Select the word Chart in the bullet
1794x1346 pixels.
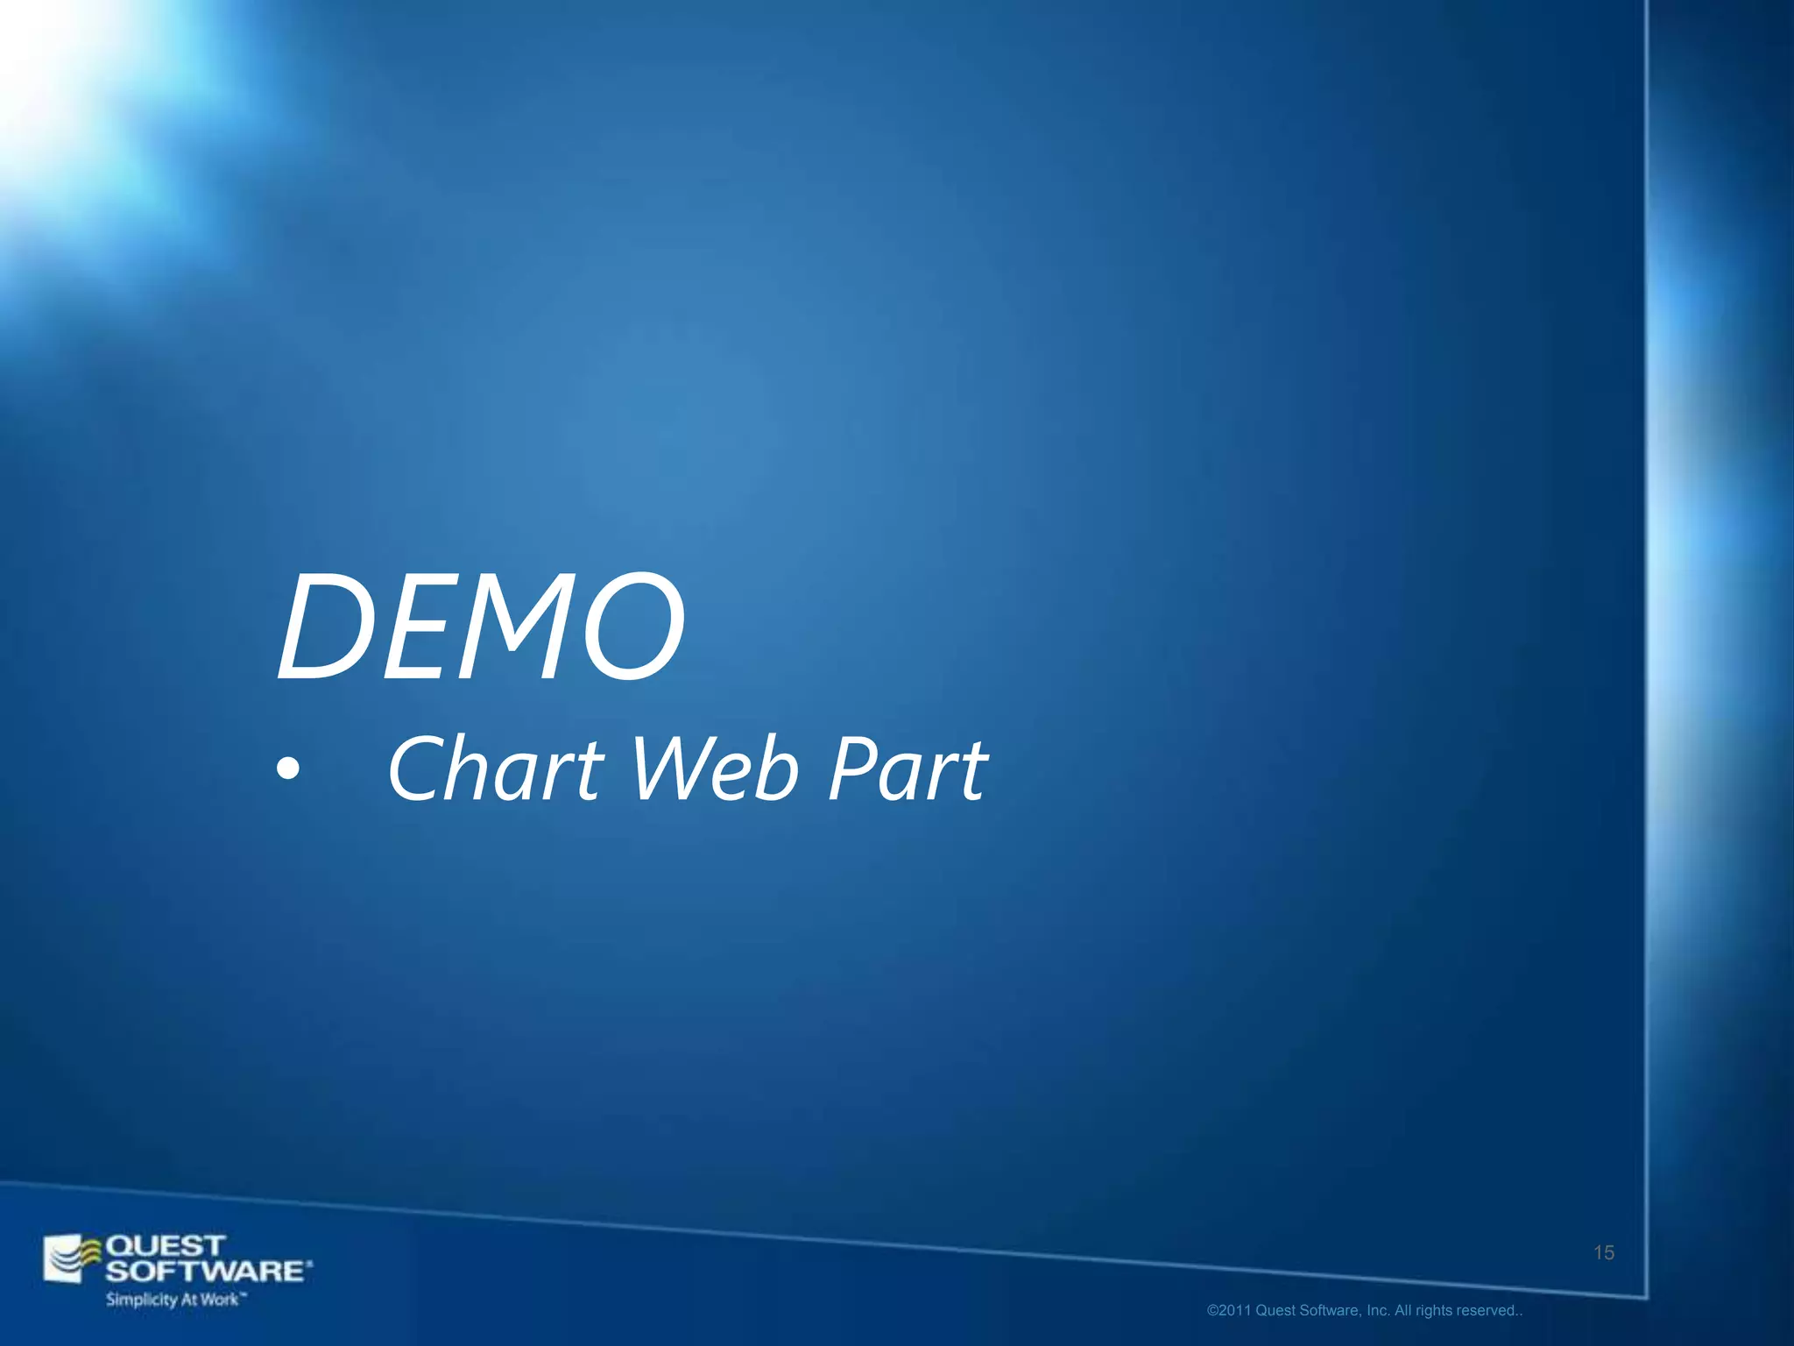496,769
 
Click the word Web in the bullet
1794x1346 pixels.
715,769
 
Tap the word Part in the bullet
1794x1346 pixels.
908,769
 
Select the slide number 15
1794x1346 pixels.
1603,1253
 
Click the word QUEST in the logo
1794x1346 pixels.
165,1245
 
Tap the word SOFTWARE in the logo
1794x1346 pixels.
207,1271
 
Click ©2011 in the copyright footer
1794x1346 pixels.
1229,1311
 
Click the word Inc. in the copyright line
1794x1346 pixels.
1378,1311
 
